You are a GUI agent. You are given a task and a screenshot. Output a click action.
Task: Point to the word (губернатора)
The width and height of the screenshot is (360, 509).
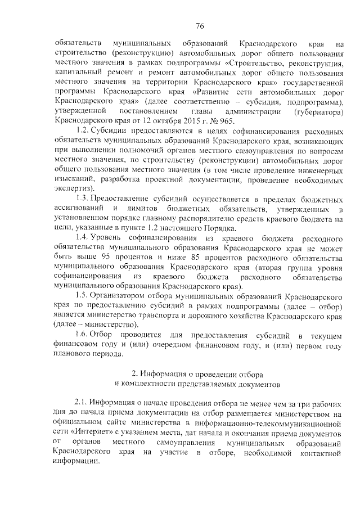point(318,112)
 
